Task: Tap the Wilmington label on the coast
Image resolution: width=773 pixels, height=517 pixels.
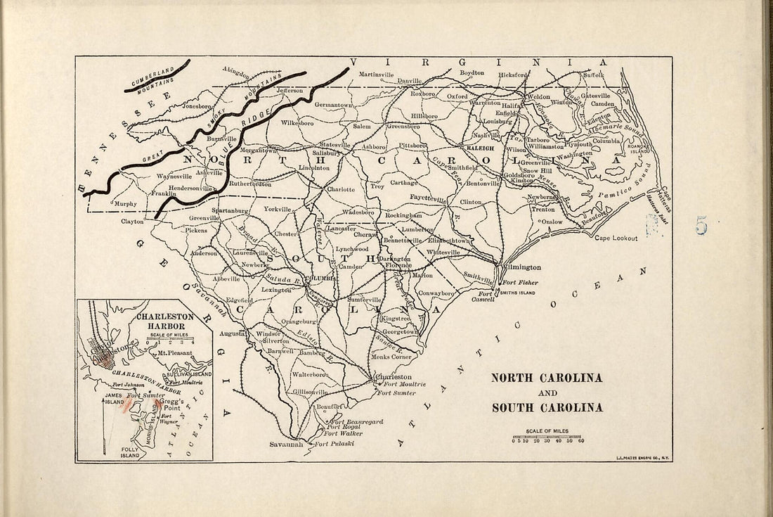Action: (521, 267)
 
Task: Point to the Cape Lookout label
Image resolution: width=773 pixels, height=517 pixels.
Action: (617, 238)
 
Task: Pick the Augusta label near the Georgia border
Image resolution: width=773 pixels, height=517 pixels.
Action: (232, 332)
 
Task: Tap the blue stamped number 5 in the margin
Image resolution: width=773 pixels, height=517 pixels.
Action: (701, 225)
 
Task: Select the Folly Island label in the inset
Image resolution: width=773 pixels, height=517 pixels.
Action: (130, 451)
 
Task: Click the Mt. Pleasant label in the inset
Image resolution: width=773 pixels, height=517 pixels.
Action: (176, 351)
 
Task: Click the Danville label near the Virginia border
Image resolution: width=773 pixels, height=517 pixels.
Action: (409, 81)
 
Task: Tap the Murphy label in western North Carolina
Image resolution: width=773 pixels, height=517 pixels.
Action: (126, 204)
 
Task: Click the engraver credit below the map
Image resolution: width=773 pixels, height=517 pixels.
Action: (643, 459)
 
